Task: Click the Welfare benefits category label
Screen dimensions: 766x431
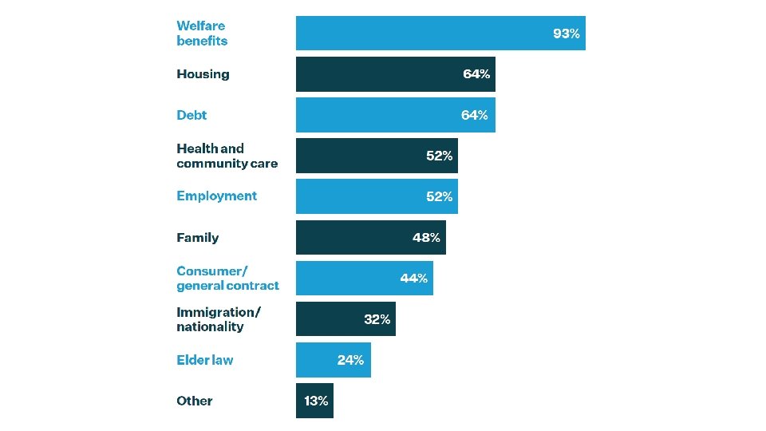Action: click(x=202, y=34)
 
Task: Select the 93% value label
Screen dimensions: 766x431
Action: click(x=567, y=34)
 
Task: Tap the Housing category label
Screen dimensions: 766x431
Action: click(x=203, y=74)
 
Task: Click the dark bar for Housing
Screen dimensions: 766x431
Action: click(x=395, y=74)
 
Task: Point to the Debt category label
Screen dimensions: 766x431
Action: click(x=191, y=115)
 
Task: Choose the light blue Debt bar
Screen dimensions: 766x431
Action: click(x=395, y=115)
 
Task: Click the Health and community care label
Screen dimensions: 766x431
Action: click(x=227, y=156)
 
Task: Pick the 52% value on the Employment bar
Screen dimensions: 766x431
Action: click(x=439, y=196)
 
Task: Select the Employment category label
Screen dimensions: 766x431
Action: click(x=216, y=196)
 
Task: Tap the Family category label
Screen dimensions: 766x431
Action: click(x=197, y=238)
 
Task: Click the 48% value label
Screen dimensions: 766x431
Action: click(x=426, y=238)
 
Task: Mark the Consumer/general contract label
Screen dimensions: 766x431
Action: click(x=227, y=278)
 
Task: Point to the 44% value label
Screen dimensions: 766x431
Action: click(x=414, y=278)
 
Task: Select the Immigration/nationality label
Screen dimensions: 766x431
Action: click(x=219, y=319)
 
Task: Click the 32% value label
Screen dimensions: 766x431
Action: click(x=377, y=319)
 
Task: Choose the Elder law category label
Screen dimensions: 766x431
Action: click(x=205, y=360)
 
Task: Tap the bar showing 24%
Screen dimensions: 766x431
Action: click(x=334, y=360)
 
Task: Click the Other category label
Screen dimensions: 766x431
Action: click(x=195, y=401)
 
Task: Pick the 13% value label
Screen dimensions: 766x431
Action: click(x=316, y=401)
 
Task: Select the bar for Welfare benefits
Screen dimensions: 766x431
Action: click(x=440, y=34)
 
